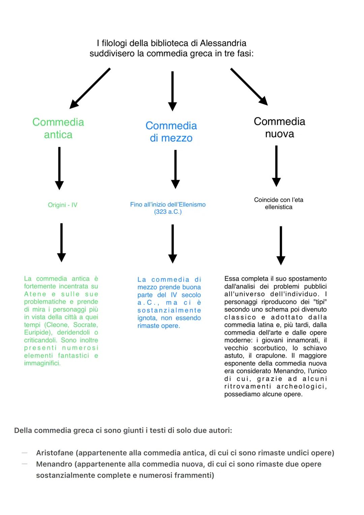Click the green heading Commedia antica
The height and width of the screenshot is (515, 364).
pyautogui.click(x=58, y=128)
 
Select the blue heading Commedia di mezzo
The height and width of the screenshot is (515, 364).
pyautogui.click(x=171, y=132)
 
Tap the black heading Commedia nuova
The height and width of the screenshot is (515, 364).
pyautogui.click(x=279, y=127)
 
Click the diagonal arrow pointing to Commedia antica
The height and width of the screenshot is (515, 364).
pyautogui.click(x=90, y=88)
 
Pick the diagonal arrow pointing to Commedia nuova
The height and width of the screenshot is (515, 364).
pyautogui.click(x=249, y=87)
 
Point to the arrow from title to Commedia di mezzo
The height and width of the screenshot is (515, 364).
pyautogui.click(x=172, y=91)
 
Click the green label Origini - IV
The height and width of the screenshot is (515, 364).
pyautogui.click(x=62, y=205)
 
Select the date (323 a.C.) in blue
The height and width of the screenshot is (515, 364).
pyautogui.click(x=168, y=212)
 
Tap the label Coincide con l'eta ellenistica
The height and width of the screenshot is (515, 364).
pyautogui.click(x=279, y=203)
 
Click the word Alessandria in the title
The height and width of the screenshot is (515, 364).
pyautogui.click(x=223, y=43)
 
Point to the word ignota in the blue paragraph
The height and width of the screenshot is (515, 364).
pyautogui.click(x=147, y=318)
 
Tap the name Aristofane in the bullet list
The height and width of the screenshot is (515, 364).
pyautogui.click(x=56, y=453)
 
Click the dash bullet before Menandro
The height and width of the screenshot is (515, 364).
pyautogui.click(x=24, y=464)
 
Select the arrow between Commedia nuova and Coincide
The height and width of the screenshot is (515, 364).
pyautogui.click(x=276, y=166)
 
